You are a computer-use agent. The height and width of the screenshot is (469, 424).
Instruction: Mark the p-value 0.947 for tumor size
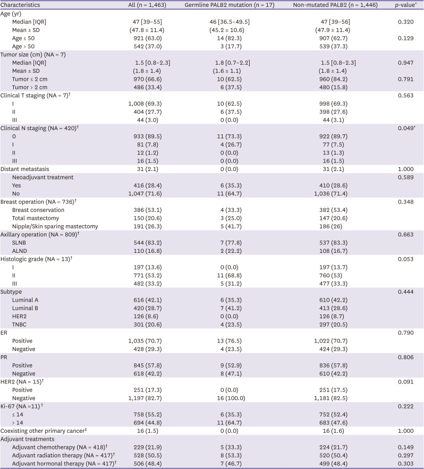point(406,62)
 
